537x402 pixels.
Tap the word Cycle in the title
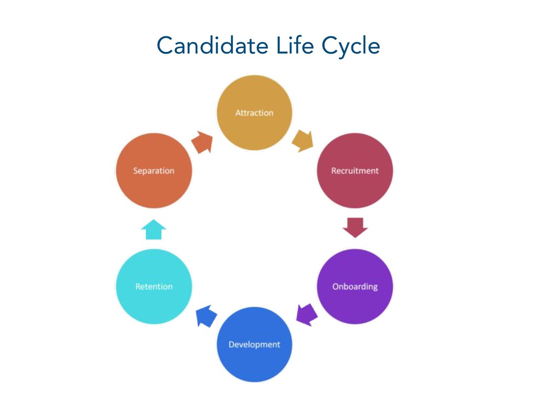350,47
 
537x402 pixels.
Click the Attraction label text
254,113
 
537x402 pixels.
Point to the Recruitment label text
355,171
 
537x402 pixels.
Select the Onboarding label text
355,287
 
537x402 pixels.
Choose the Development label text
254,344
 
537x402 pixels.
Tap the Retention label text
154,286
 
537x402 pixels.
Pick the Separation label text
154,171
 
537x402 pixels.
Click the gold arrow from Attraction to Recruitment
303,140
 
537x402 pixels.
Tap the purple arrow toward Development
306,315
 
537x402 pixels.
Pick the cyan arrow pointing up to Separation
154,229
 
